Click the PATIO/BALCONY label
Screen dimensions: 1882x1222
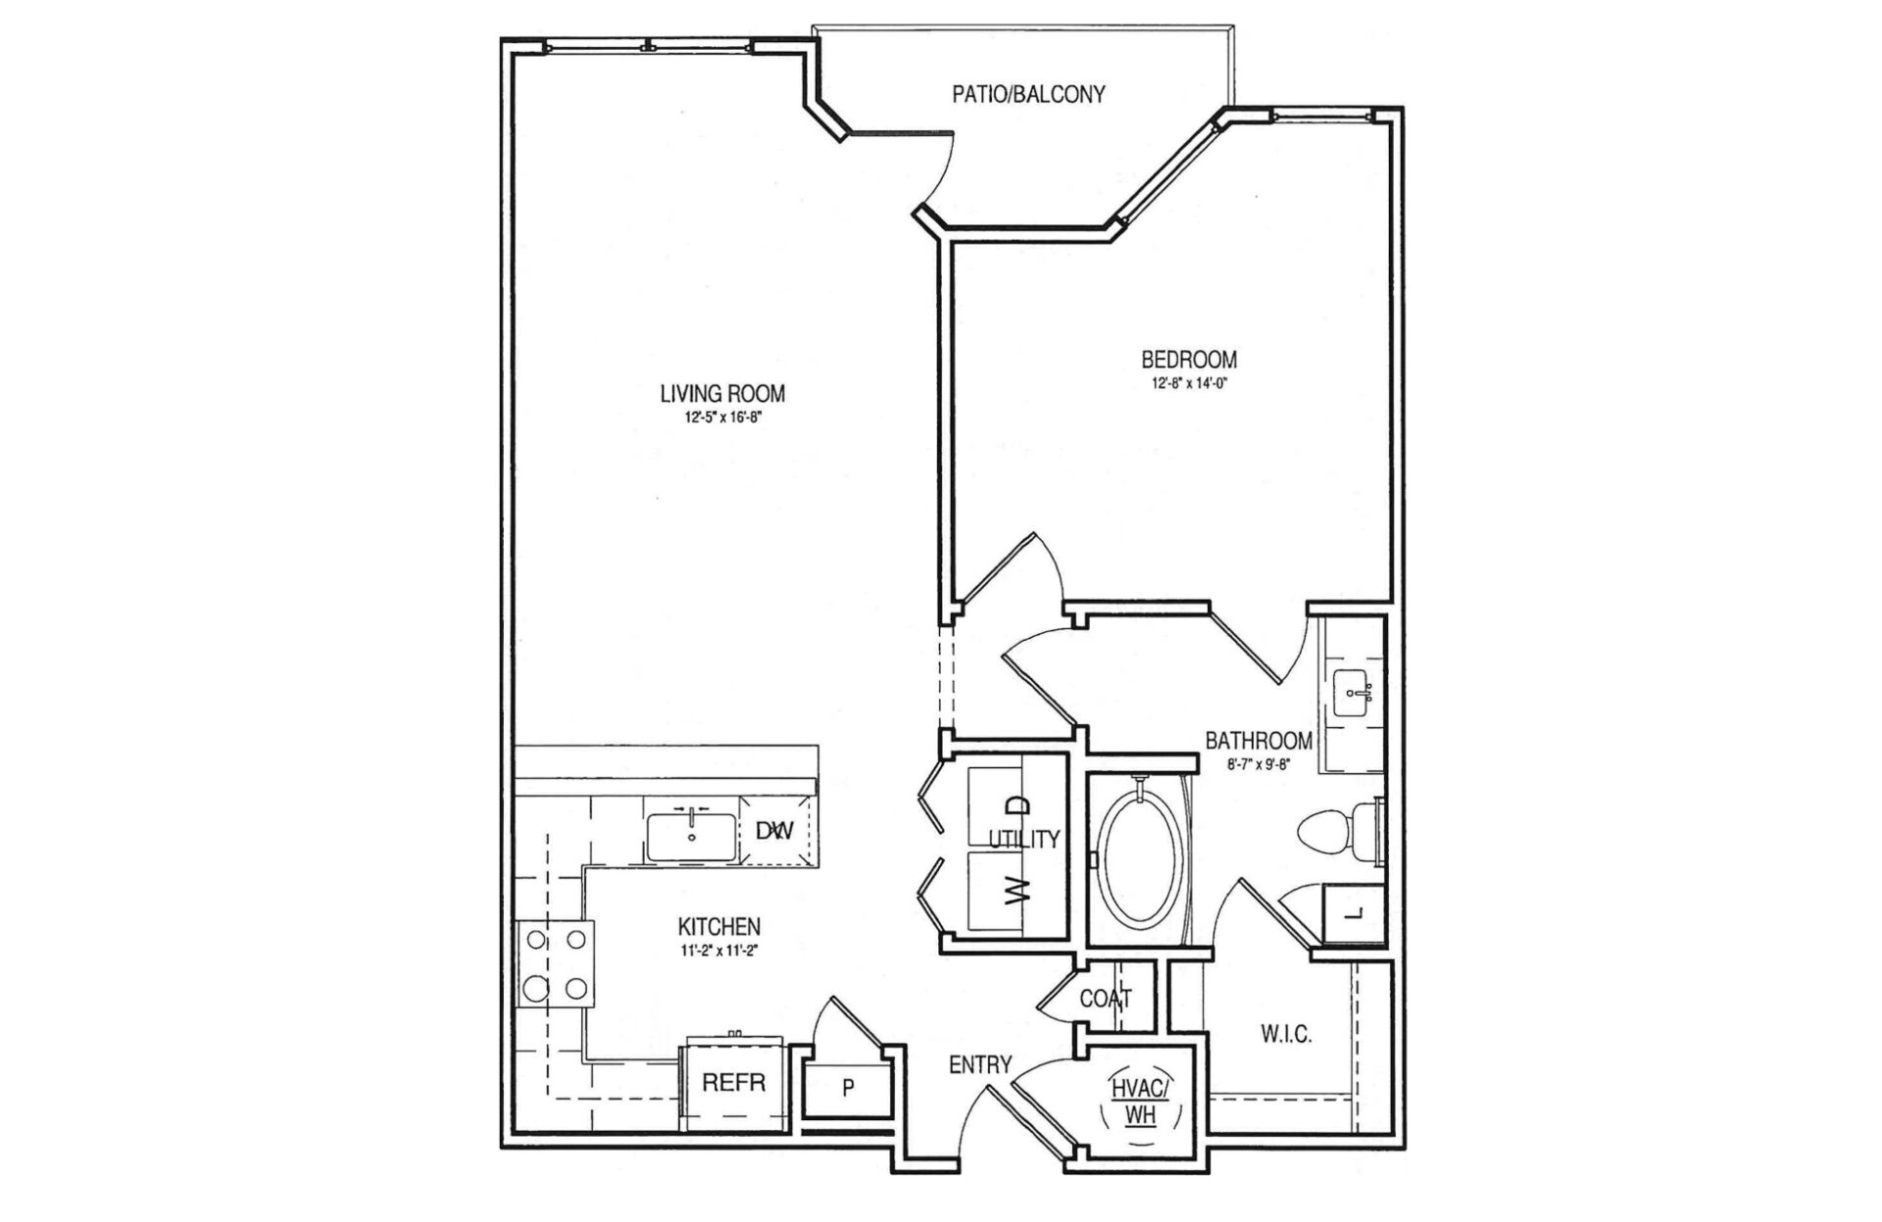pyautogui.click(x=1028, y=94)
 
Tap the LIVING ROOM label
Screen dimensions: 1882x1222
pyautogui.click(x=722, y=394)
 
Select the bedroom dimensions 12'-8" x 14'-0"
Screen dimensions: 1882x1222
pyautogui.click(x=1189, y=384)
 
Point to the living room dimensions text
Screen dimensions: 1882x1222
pyautogui.click(x=722, y=416)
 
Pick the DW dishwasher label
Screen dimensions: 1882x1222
pyautogui.click(x=774, y=831)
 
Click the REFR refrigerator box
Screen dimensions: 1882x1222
pyautogui.click(x=734, y=1083)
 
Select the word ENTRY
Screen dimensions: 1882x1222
pyautogui.click(x=980, y=1065)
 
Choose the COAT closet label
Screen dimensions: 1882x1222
pyautogui.click(x=1106, y=999)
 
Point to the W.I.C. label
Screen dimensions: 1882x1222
pyautogui.click(x=1286, y=1034)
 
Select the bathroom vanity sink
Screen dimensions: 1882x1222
pyautogui.click(x=1356, y=693)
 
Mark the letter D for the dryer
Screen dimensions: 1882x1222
pyautogui.click(x=1020, y=806)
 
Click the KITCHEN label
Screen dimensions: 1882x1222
pyautogui.click(x=719, y=926)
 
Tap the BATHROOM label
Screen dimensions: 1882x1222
pyautogui.click(x=1259, y=740)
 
